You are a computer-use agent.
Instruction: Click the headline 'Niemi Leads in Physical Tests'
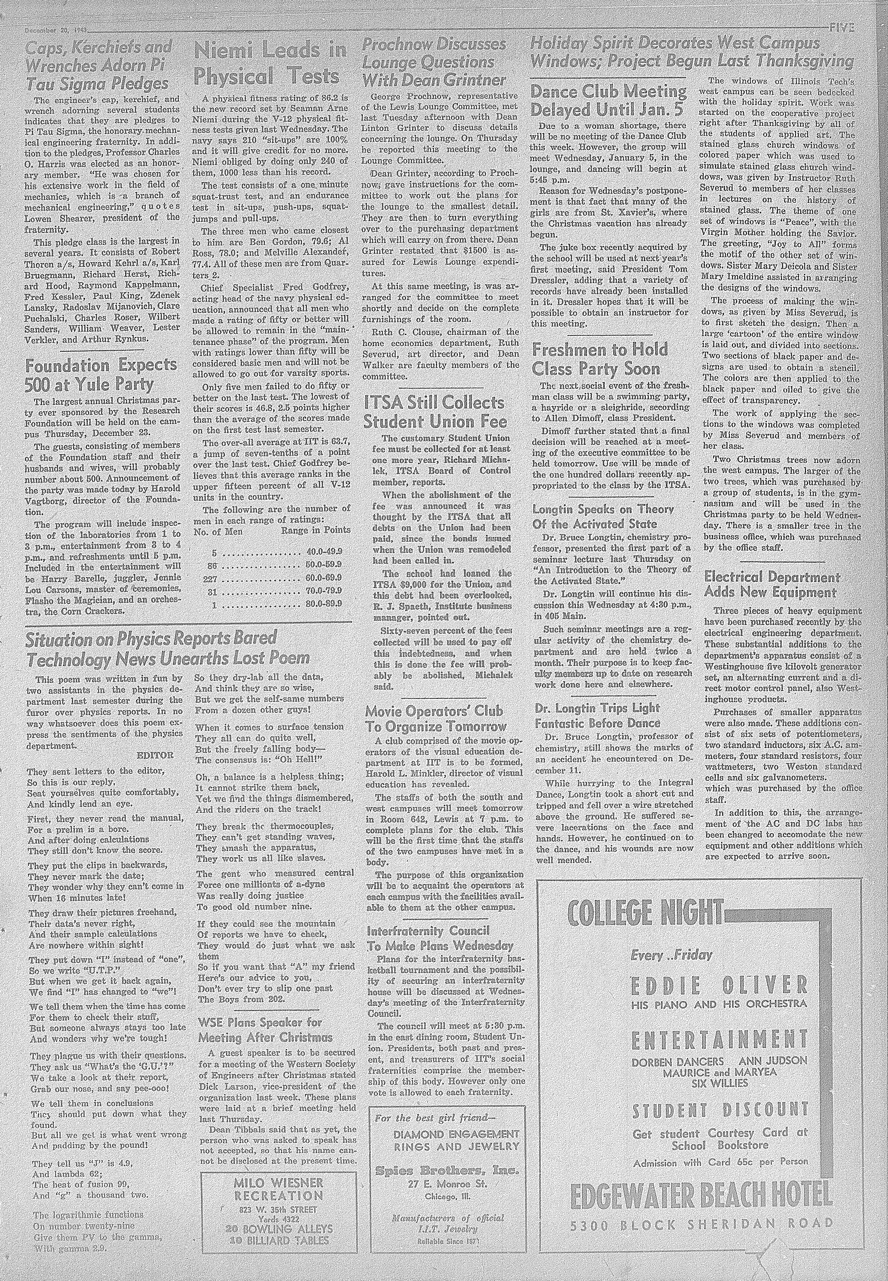[271, 64]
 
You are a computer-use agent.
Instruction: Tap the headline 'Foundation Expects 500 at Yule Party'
[101, 375]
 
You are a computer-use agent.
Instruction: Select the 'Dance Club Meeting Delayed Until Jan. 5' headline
[608, 101]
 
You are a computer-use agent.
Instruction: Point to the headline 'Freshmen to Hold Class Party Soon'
[600, 359]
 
